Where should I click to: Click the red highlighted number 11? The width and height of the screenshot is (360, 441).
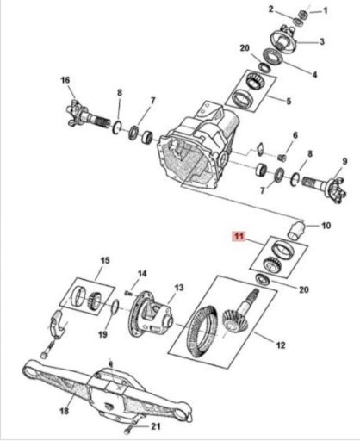tap(239, 237)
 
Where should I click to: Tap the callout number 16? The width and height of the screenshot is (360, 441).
tap(65, 80)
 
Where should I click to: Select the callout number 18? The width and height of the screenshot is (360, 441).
tap(65, 411)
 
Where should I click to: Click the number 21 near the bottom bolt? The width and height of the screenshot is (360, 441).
tap(156, 426)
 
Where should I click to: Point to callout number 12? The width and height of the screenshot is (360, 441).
tap(281, 345)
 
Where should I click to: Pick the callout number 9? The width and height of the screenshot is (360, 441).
tap(344, 161)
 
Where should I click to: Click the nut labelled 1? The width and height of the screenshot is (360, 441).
tap(303, 14)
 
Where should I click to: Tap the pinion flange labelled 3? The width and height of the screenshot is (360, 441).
tap(282, 40)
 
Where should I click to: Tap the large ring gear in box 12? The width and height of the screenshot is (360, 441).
tap(202, 331)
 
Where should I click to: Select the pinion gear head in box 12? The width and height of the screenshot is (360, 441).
tap(235, 321)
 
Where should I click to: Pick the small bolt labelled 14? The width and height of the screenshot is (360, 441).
tap(128, 294)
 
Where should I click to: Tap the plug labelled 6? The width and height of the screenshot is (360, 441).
tap(282, 157)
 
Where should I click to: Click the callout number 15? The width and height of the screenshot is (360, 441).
tap(105, 261)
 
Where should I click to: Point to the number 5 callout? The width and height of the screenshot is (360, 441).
tap(289, 101)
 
